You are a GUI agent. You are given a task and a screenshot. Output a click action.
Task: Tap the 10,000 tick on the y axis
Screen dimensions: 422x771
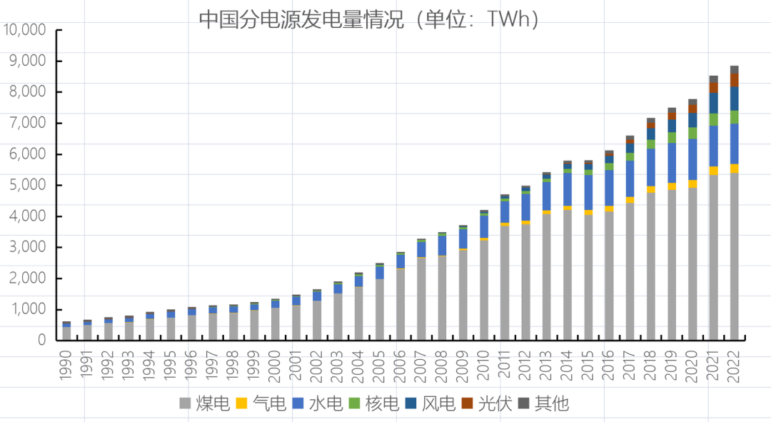pos(24,30)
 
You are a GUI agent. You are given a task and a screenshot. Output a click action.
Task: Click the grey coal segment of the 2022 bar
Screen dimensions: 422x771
pos(734,257)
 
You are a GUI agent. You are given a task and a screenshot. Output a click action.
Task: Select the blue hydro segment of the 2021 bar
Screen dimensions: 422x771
pos(713,146)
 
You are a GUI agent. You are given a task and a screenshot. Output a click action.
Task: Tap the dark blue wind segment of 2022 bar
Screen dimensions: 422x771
pos(734,99)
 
